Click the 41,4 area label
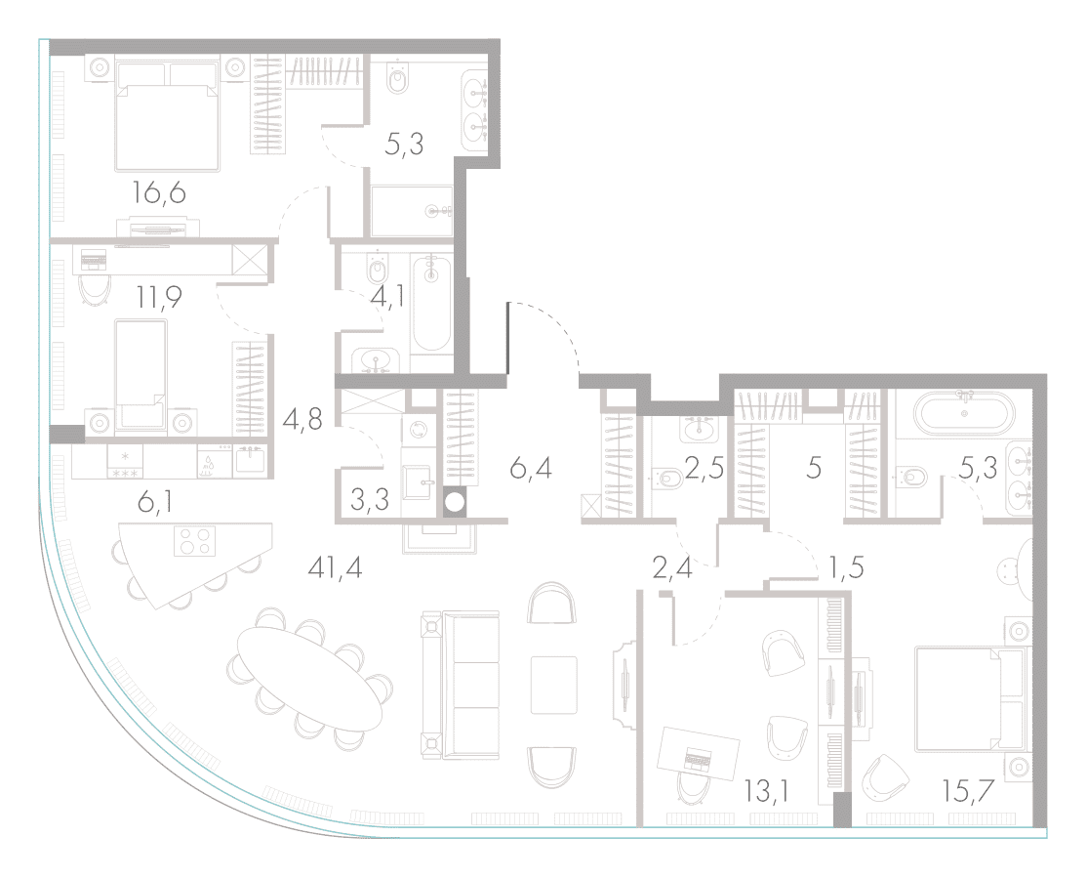(x=336, y=569)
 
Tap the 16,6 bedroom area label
(x=159, y=192)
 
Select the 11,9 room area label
(x=159, y=298)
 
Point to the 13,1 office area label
(x=768, y=790)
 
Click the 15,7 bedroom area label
(x=969, y=790)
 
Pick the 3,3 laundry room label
(x=370, y=500)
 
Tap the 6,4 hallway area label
(x=531, y=469)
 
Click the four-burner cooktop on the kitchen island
(x=193, y=541)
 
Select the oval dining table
(x=309, y=679)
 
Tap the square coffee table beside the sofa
(x=554, y=685)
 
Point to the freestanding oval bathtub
(x=964, y=414)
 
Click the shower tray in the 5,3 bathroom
(x=412, y=211)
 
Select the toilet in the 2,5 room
(x=666, y=479)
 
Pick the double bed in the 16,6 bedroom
(x=168, y=116)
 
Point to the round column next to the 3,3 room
(x=454, y=502)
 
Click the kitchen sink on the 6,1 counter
(x=250, y=460)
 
